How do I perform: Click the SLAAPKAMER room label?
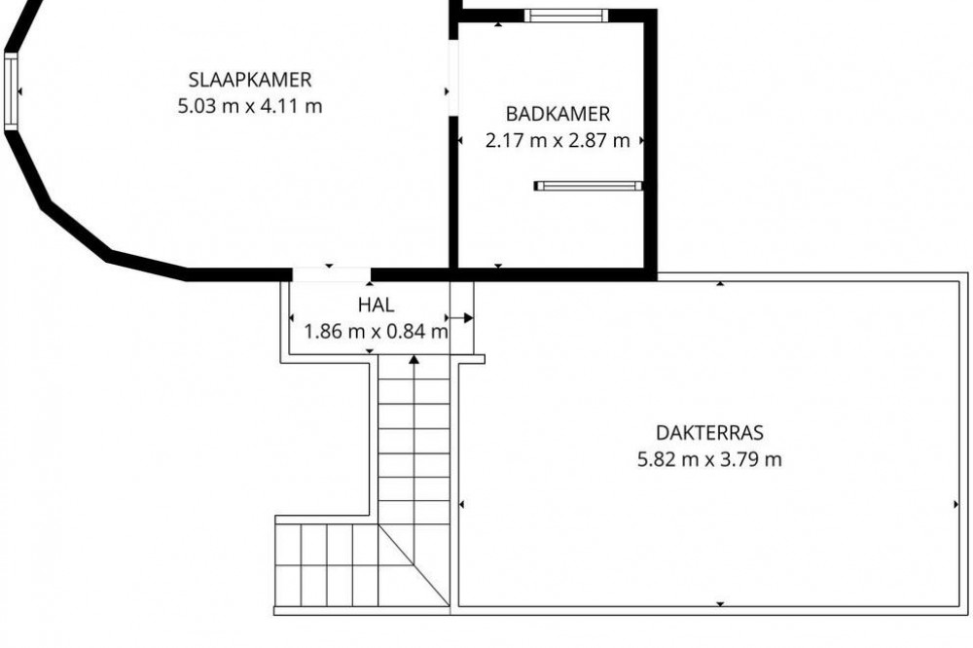point(249,80)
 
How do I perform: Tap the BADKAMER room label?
point(558,114)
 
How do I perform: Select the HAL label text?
point(376,305)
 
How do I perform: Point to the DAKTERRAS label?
point(709,432)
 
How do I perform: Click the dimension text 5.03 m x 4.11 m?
point(249,106)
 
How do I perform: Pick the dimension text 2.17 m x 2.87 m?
point(558,140)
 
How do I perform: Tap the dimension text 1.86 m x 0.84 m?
point(376,332)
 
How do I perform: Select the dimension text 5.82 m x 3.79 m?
point(709,459)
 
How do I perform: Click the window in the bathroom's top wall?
point(565,16)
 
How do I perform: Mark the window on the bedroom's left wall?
point(11,91)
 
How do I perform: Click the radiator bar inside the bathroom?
point(589,186)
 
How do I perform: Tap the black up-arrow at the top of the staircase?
point(414,359)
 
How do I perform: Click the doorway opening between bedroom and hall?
point(332,274)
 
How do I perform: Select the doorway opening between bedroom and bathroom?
point(453,78)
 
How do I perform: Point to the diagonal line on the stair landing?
point(414,564)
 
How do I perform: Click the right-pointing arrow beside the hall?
point(460,318)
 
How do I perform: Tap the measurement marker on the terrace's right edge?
point(956,505)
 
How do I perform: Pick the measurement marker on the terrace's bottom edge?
point(720,604)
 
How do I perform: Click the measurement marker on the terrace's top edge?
point(720,284)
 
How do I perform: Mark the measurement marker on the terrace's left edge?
point(461,505)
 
